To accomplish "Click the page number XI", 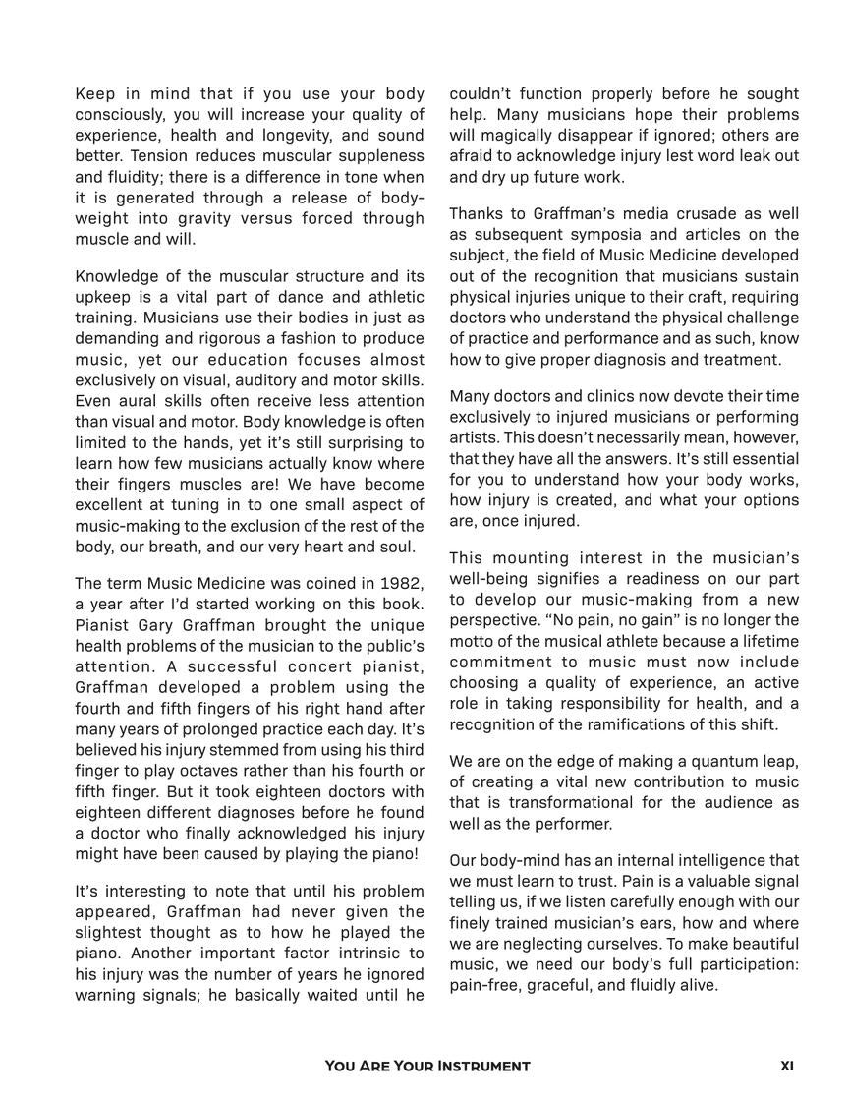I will click(787, 1066).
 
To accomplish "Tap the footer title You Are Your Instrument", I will click(427, 1066).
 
